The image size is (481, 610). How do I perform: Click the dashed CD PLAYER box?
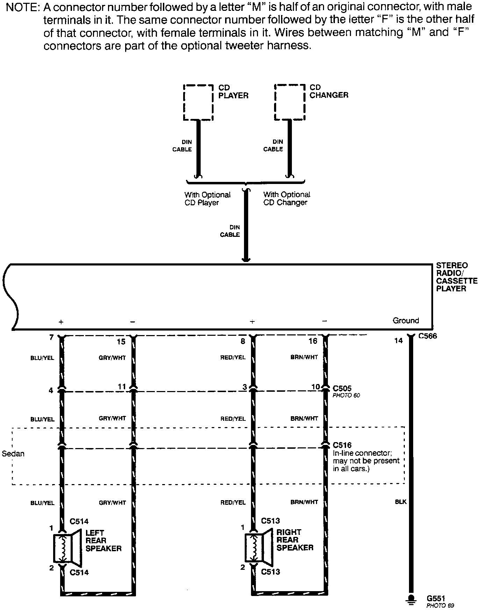tap(198, 102)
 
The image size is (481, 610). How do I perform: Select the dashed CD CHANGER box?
tap(290, 102)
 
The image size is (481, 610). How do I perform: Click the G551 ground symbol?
tap(412, 599)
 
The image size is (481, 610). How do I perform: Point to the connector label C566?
tap(428, 336)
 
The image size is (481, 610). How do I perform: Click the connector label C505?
tap(342, 388)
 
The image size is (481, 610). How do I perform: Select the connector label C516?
tap(342, 445)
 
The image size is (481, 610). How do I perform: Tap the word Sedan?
tap(13, 454)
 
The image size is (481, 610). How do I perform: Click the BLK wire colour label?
tap(401, 502)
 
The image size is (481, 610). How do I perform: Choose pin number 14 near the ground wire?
tap(398, 341)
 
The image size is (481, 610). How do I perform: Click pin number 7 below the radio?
tap(51, 338)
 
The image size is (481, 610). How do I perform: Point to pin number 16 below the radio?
tap(313, 341)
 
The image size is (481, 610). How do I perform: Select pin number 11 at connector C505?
tap(121, 386)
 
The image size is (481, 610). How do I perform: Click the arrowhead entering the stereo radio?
tap(246, 259)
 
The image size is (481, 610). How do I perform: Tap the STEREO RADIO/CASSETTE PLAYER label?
tap(452, 277)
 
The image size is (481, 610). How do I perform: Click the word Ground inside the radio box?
tap(405, 320)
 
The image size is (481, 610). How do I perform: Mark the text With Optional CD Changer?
tap(286, 198)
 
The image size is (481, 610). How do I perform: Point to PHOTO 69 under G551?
tap(440, 605)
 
